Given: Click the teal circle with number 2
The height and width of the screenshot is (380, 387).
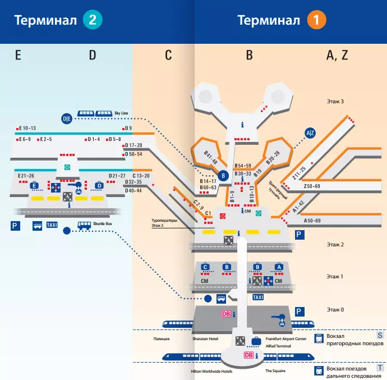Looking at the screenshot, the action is [93, 20].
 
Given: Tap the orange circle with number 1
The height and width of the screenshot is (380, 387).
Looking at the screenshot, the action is [316, 20].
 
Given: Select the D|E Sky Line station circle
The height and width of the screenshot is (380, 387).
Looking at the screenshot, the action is [67, 119].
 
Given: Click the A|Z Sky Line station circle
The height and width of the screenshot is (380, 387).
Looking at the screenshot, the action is [310, 133].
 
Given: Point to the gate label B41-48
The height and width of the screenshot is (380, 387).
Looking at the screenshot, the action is [210, 158].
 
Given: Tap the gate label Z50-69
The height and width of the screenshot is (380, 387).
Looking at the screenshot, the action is [312, 186].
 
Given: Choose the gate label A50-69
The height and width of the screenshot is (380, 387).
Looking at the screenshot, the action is [312, 221].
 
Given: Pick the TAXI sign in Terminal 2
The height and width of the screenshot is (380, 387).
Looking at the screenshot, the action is [52, 225].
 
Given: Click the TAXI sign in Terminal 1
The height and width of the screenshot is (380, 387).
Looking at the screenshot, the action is [258, 297].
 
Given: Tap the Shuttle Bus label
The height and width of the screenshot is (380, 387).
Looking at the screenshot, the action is [103, 223].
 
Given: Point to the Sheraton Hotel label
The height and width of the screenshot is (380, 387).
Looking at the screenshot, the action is [205, 338].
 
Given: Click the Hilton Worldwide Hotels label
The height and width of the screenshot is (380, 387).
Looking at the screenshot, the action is [211, 372].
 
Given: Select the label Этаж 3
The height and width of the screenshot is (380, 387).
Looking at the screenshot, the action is [335, 101].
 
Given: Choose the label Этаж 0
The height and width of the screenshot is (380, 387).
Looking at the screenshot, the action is [335, 310].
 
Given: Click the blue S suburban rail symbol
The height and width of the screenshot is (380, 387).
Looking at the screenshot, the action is [380, 335].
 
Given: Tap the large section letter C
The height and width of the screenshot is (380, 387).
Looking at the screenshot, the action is [168, 55].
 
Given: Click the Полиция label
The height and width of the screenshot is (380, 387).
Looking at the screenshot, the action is [162, 338].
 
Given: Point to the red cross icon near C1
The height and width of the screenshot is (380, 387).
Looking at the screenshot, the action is [223, 217].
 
